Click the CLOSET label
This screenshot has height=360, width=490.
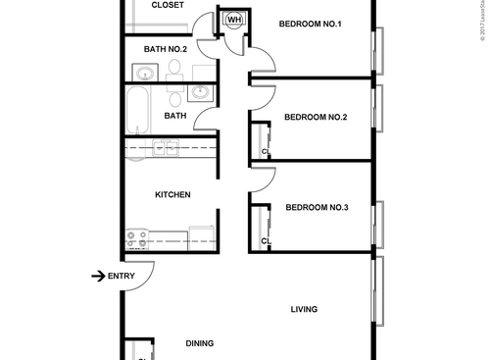(x=167, y=5)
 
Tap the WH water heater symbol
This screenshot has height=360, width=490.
(x=235, y=19)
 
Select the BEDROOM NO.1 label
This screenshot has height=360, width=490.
(x=309, y=25)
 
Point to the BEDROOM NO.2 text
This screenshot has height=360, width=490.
(x=316, y=118)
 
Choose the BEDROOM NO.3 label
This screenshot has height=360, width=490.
(x=317, y=207)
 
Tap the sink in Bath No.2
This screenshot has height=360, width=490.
(x=144, y=73)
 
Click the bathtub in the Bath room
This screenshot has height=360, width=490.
(x=137, y=111)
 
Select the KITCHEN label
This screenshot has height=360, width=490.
(x=172, y=195)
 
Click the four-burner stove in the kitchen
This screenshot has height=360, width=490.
(x=136, y=237)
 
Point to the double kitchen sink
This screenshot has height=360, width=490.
(x=163, y=149)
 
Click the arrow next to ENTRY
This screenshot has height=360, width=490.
(x=97, y=276)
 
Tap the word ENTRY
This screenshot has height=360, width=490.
(x=122, y=276)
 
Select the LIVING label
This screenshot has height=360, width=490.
(x=304, y=310)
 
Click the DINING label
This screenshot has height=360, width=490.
(x=201, y=343)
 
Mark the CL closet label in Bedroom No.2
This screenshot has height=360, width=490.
(x=266, y=151)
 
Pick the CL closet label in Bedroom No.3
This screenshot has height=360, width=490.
(x=266, y=240)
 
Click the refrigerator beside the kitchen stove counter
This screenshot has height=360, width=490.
(x=202, y=236)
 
